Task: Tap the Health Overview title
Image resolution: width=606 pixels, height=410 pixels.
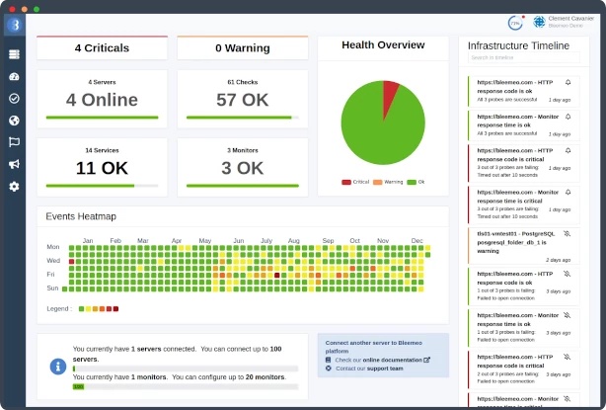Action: [x=383, y=45]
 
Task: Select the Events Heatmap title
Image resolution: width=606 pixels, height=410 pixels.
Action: [x=81, y=216]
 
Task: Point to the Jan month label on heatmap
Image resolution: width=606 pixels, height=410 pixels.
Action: [x=87, y=240]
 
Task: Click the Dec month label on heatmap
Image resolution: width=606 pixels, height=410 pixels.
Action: [x=417, y=240]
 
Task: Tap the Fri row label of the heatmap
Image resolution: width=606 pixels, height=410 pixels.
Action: [x=53, y=274]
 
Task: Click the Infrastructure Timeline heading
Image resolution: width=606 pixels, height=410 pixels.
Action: [x=517, y=46]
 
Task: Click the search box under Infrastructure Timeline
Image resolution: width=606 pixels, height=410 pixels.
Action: [x=517, y=58]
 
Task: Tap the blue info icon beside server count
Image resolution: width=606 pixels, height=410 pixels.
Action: [x=58, y=367]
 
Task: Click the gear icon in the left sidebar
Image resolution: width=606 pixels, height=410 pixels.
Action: [x=14, y=187]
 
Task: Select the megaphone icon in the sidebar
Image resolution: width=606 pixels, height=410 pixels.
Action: [x=14, y=164]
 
